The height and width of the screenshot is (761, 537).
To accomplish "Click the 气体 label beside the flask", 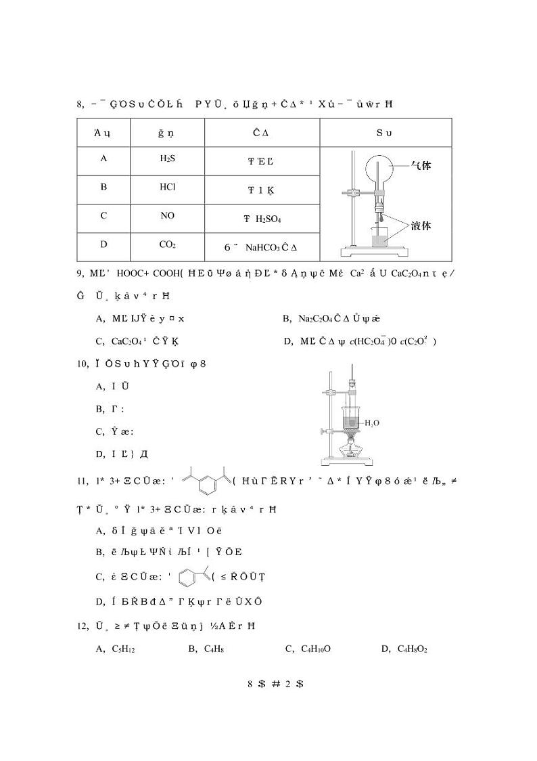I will [421, 165].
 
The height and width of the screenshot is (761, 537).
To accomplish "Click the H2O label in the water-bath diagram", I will [372, 422].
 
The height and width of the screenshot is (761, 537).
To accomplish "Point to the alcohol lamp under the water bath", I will [350, 448].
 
